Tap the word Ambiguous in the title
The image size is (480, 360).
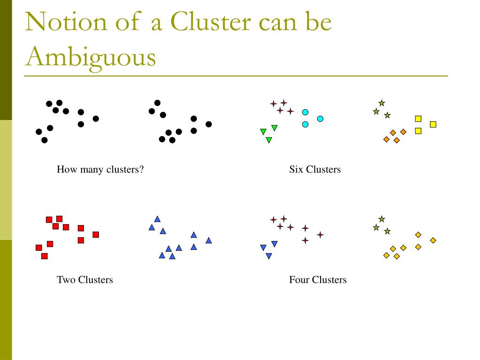[x=90, y=57]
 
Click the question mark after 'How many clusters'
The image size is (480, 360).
[x=141, y=170]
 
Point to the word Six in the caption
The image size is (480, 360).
[x=296, y=170]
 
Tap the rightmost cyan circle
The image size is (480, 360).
[x=320, y=119]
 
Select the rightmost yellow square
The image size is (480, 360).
[x=433, y=124]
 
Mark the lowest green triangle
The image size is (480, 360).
[x=269, y=140]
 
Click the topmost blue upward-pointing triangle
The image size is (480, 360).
[x=157, y=219]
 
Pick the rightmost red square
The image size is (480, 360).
[x=96, y=234]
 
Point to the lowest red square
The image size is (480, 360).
[x=45, y=256]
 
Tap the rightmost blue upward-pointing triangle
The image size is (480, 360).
[x=209, y=240]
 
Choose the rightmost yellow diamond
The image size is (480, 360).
[x=433, y=240]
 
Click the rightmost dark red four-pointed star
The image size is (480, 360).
[x=320, y=234]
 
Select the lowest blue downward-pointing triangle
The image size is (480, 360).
[x=269, y=256]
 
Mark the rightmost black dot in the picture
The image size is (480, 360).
[x=209, y=124]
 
